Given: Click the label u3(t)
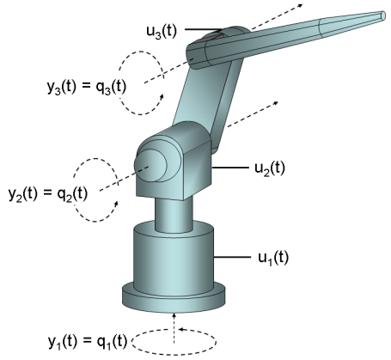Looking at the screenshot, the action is tap(162, 31).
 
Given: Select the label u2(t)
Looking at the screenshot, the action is tap(270, 168).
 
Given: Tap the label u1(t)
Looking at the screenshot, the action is tap(273, 259).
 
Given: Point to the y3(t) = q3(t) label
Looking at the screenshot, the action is tap(86, 87).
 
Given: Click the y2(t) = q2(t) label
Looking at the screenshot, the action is tap(48, 194).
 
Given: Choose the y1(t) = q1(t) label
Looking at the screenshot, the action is tap(88, 342).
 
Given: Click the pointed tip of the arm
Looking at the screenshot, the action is tap(384, 15).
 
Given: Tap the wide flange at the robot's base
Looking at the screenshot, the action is tap(174, 298).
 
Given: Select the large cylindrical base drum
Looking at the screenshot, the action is tap(174, 258).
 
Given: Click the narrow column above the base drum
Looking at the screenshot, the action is tap(174, 215).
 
